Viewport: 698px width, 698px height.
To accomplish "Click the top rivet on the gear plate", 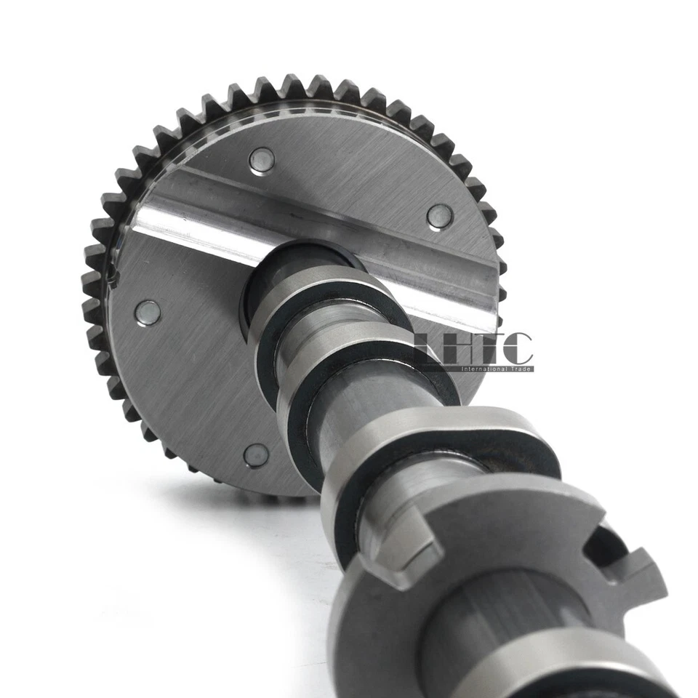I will pyautogui.click(x=262, y=160).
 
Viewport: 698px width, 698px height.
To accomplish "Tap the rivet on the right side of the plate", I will pyautogui.click(x=439, y=216).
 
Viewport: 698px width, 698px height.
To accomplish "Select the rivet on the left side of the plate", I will pyautogui.click(x=148, y=312).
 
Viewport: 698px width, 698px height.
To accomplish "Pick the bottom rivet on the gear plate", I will pyautogui.click(x=256, y=455).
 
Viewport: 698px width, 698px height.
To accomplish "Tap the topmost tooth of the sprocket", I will pyautogui.click(x=294, y=86).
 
